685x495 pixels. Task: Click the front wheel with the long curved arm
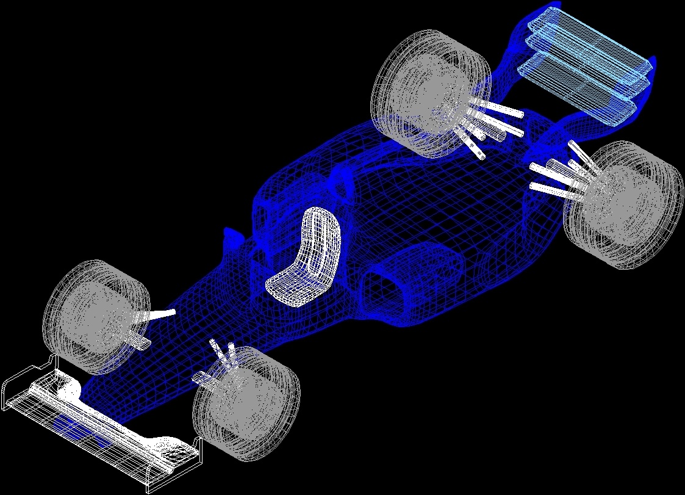(x=96, y=317)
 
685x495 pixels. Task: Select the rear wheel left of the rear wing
(x=431, y=91)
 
